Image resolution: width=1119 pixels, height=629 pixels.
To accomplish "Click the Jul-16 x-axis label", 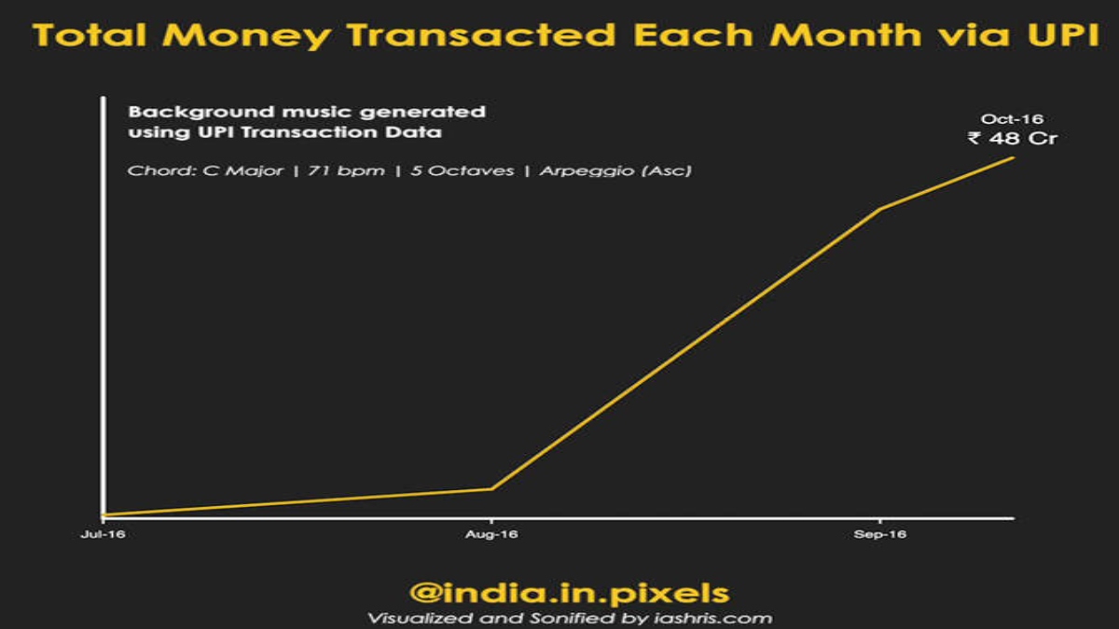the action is click(103, 534).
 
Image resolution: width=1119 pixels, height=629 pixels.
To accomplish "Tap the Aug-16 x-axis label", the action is click(491, 534).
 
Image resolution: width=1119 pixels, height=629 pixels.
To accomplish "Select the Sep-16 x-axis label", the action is click(879, 534).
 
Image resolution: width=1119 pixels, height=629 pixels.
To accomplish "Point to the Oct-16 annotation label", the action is click(1012, 119).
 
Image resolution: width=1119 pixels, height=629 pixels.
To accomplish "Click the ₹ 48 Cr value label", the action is click(1013, 138).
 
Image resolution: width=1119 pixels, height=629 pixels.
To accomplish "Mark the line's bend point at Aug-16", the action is click(491, 488).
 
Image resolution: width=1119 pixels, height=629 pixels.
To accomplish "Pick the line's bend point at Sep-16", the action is click(879, 209).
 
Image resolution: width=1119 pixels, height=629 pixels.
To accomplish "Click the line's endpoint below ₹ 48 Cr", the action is click(1014, 157).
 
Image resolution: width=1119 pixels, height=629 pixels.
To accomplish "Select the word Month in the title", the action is click(845, 34).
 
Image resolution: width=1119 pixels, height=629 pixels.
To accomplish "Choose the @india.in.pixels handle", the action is click(569, 594).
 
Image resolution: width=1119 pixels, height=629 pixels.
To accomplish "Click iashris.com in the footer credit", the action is click(712, 619).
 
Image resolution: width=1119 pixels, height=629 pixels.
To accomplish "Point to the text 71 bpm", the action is click(346, 171).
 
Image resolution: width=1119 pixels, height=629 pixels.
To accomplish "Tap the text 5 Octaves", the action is click(463, 171).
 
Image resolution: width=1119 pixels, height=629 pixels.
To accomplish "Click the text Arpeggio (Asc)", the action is click(615, 171).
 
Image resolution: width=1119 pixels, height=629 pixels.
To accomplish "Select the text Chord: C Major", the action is click(205, 171).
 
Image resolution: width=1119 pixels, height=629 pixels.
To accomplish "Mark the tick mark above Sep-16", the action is click(879, 521).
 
